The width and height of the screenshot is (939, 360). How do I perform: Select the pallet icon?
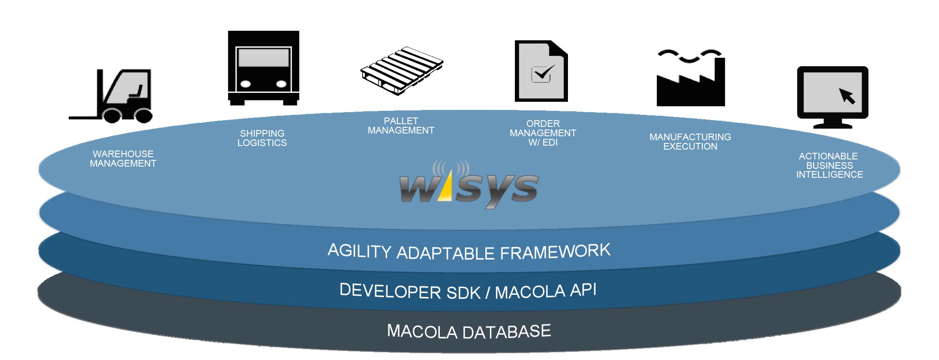click(x=402, y=71)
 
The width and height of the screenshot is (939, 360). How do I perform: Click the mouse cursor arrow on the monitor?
click(x=847, y=96)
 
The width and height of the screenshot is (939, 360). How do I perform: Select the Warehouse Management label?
click(x=123, y=159)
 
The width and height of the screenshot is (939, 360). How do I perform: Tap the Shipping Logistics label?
click(x=262, y=138)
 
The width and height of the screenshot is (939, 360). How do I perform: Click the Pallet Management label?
click(x=401, y=126)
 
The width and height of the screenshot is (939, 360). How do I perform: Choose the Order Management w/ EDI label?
click(x=543, y=133)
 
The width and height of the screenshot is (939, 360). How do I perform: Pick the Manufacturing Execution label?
click(x=690, y=142)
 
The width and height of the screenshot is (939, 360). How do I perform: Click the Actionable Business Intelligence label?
click(x=830, y=166)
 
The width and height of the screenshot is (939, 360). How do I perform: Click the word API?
click(x=583, y=290)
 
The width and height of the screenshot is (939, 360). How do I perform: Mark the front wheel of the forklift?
click(x=112, y=115)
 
